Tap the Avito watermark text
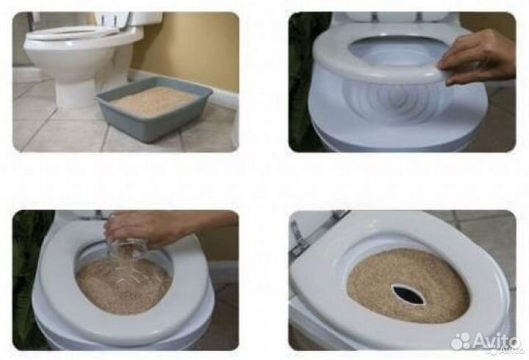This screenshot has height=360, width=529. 496,340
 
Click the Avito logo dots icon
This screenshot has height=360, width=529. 461,341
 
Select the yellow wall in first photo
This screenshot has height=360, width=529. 189,47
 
